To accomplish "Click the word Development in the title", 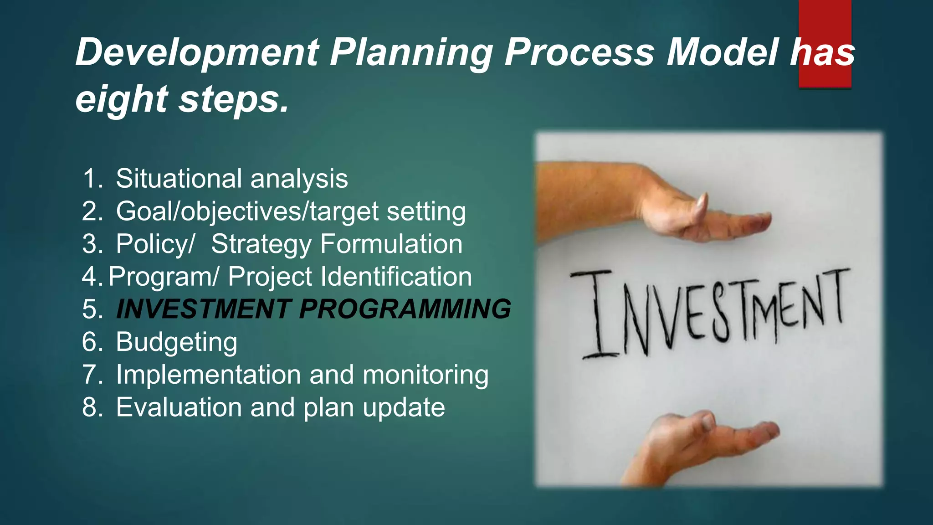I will [197, 52].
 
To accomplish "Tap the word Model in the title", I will [722, 52].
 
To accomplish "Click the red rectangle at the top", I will [825, 27].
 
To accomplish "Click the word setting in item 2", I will [426, 211].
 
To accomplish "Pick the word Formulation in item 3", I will [391, 244].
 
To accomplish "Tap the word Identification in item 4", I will [396, 277].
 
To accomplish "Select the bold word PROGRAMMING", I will [405, 309].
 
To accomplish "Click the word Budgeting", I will [176, 342].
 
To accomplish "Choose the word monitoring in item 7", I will [425, 375].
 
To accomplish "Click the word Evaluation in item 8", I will [179, 407].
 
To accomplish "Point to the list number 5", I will [92, 309].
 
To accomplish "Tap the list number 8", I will [92, 407].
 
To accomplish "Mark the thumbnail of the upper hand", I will [702, 205].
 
